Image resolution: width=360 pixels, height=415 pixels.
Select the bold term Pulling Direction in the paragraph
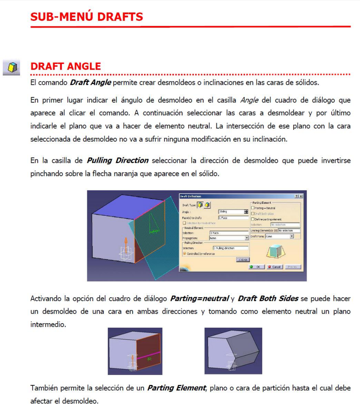click(117, 160)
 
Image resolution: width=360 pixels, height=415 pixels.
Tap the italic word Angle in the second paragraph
click(250, 100)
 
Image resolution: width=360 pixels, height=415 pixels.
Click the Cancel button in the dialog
click(274, 267)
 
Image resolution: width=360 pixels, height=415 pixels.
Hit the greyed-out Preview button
click(293, 267)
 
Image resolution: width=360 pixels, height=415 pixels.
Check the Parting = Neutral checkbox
click(252, 208)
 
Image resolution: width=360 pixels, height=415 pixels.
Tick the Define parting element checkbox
click(252, 219)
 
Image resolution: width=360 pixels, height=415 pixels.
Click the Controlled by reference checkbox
click(184, 253)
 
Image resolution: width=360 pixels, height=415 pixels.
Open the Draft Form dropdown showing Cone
click(292, 236)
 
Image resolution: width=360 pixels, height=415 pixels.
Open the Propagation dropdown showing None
click(246, 238)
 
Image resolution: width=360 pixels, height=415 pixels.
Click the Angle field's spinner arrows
click(246, 212)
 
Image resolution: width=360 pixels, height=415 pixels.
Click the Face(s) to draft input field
click(233, 218)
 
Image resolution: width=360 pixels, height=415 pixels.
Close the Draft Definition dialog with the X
click(301, 196)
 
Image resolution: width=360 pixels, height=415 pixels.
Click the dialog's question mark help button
click(296, 196)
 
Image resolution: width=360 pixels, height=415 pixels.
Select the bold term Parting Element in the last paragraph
click(176, 388)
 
